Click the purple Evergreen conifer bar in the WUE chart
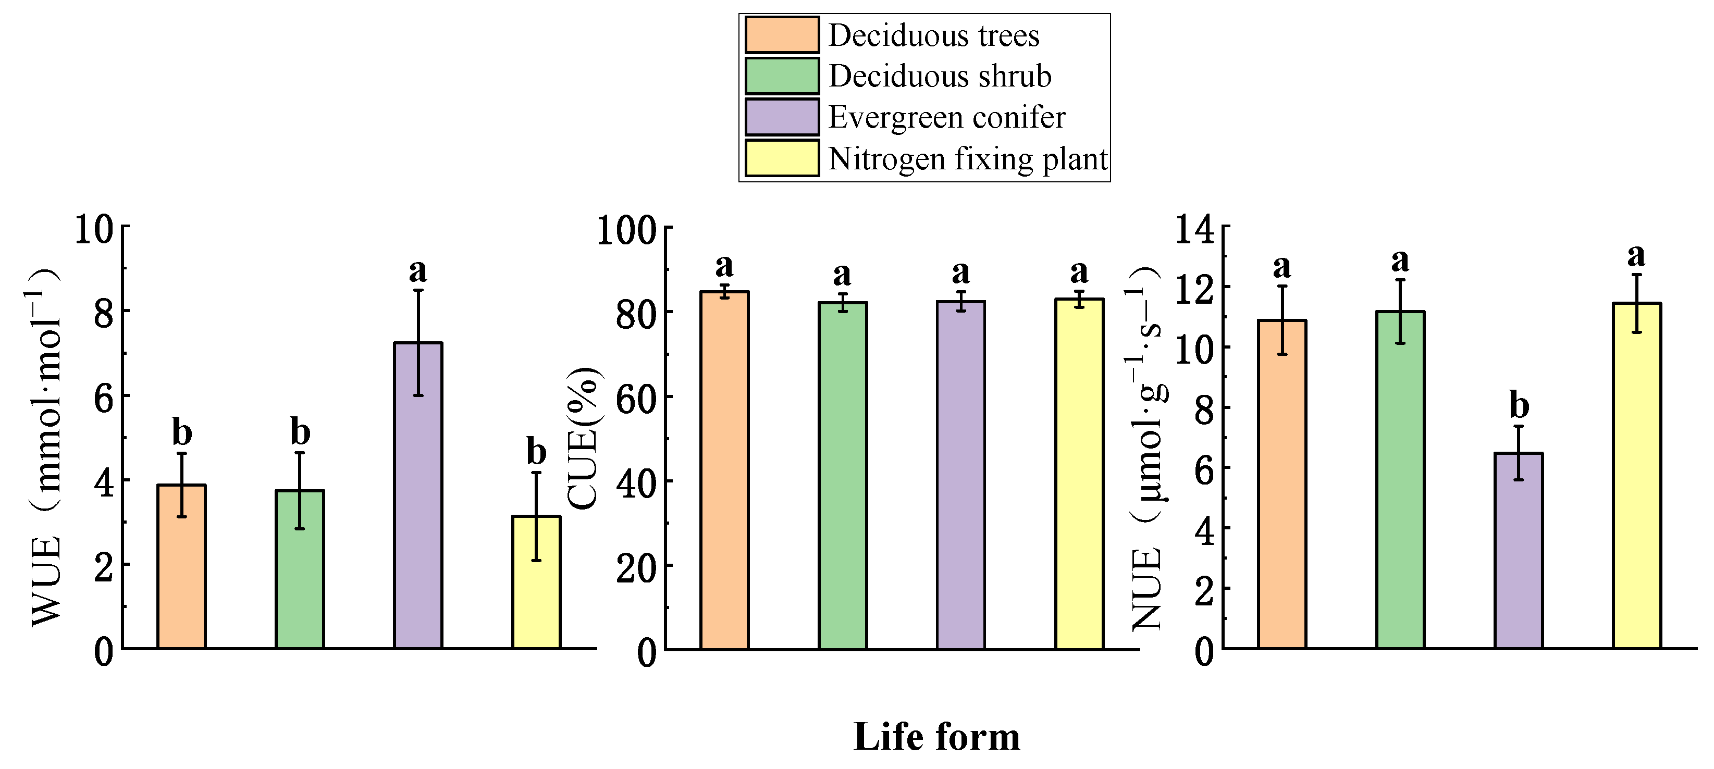click(x=418, y=505)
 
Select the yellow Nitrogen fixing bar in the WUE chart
click(x=536, y=592)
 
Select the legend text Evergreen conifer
click(x=946, y=118)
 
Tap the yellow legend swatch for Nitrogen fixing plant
click(x=782, y=158)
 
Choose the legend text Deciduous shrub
click(x=940, y=77)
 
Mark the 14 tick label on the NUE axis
click(x=1194, y=230)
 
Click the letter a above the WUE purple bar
click(x=418, y=270)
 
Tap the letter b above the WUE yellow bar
click(x=536, y=452)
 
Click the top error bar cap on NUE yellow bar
click(x=1637, y=274)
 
